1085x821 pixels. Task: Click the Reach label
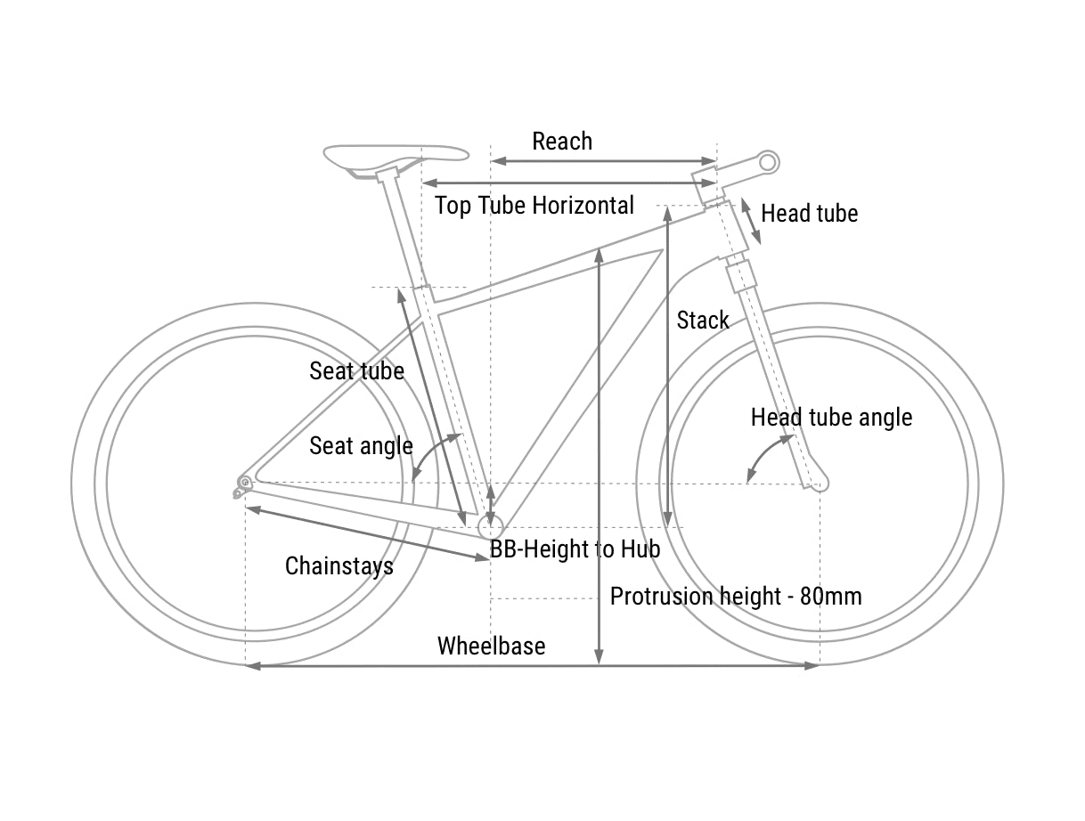(x=561, y=142)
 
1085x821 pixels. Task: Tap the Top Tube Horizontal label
(x=534, y=206)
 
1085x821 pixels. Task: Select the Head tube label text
(x=809, y=214)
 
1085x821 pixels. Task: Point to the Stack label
(x=703, y=321)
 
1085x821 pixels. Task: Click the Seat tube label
(x=356, y=371)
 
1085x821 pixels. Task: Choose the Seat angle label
(x=361, y=446)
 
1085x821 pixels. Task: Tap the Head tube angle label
(x=831, y=418)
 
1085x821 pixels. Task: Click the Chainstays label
(x=339, y=566)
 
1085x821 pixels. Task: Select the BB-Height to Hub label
(x=575, y=549)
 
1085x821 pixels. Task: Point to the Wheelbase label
(x=491, y=646)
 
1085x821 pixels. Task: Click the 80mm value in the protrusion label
(x=830, y=597)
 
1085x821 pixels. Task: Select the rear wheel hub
(x=244, y=483)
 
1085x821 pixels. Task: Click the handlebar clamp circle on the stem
(x=768, y=162)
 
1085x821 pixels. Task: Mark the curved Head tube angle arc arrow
(x=764, y=456)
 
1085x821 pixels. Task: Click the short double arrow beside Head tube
(x=751, y=221)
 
